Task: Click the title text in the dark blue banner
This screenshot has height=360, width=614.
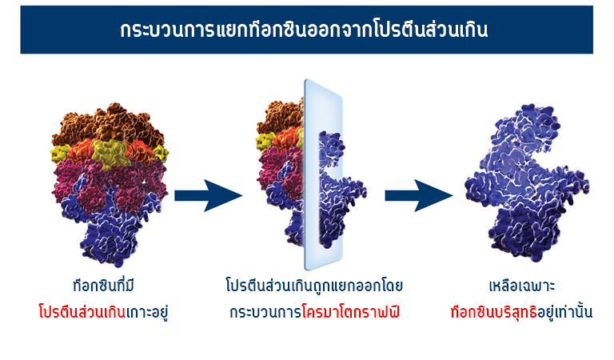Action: coord(305,30)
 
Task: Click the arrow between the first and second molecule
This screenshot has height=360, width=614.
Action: coord(208,195)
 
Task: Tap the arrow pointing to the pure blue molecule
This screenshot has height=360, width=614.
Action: coord(419,195)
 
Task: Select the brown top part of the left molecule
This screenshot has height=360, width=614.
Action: coord(108,126)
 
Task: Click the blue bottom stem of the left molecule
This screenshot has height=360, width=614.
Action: coord(110,235)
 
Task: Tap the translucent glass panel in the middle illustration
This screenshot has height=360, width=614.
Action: coord(324,174)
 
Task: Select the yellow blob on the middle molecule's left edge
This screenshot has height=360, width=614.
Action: coord(265,142)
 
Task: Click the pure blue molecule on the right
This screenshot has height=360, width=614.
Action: coord(527,182)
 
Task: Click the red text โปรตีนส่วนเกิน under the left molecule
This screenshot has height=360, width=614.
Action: coord(82,312)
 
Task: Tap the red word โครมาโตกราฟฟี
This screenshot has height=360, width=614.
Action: coord(351,312)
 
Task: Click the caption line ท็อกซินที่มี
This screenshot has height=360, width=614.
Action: coord(104,285)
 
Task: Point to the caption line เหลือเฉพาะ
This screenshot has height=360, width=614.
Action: coord(522,286)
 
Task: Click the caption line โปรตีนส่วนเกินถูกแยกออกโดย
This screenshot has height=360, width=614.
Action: coord(314,286)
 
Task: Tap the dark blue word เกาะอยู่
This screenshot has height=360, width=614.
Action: coord(147,313)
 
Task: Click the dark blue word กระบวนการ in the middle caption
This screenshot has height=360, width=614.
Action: coord(266,313)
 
